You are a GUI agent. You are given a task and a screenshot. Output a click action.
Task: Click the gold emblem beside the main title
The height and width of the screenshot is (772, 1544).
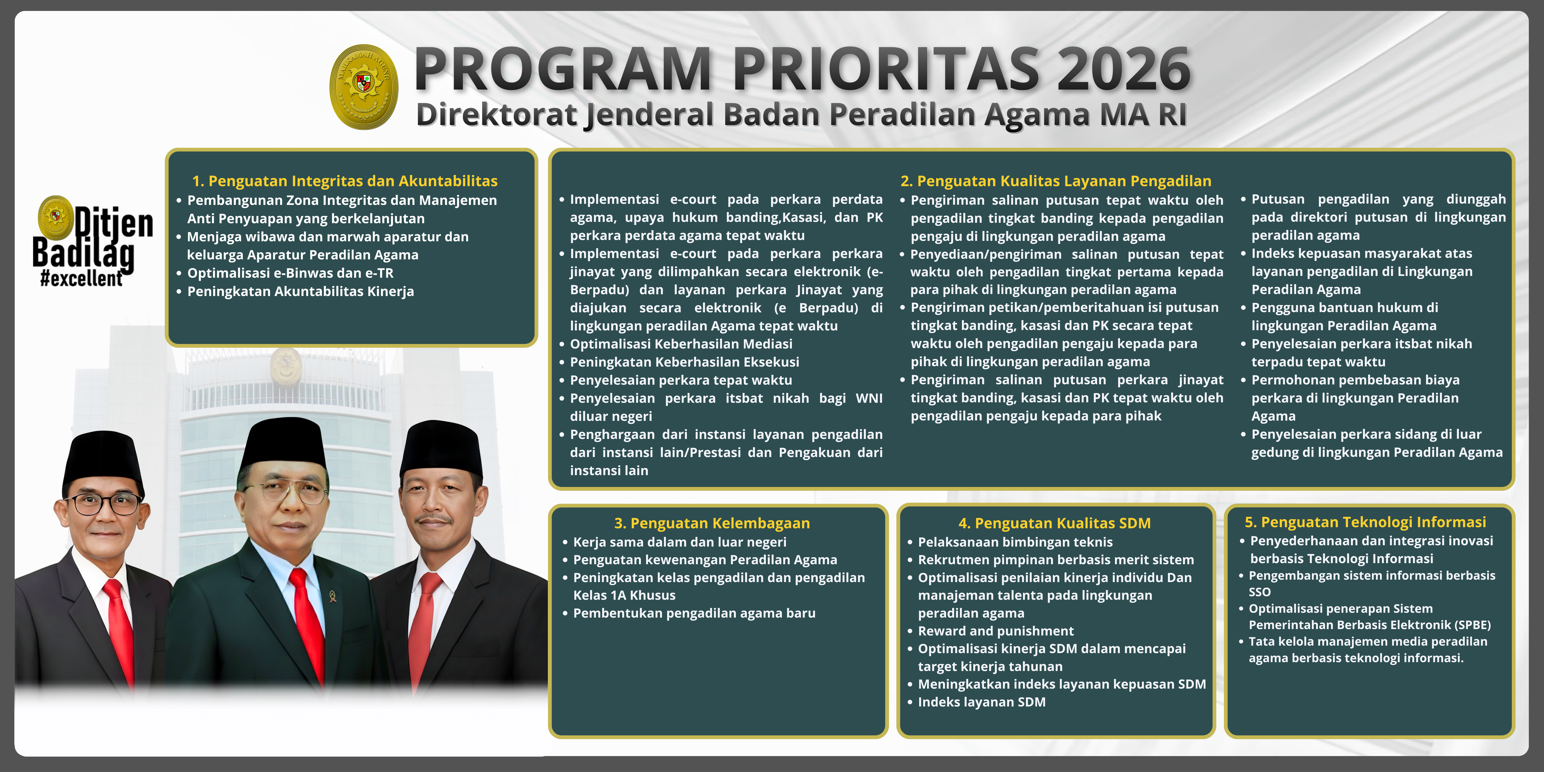point(364,87)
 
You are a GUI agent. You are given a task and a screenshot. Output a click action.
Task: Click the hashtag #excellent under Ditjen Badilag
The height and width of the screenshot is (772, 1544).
point(82,279)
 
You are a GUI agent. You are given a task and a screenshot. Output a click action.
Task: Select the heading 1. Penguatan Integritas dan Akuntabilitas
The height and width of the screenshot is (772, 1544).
point(345,181)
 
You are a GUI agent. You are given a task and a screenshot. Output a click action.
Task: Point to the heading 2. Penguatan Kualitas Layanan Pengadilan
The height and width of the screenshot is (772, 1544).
point(1055,181)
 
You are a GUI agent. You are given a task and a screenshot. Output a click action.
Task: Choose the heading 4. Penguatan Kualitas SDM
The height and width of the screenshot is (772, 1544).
point(1054,523)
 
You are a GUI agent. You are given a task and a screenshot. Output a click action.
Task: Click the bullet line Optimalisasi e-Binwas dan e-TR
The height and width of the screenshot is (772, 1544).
point(290,273)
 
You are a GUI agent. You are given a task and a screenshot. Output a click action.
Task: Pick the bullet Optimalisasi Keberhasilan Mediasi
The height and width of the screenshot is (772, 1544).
point(681,344)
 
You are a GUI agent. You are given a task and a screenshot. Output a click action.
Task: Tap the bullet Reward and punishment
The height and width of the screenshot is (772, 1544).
point(996,631)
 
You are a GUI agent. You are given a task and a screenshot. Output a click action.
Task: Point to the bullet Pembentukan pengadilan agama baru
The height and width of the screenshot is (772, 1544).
point(694,613)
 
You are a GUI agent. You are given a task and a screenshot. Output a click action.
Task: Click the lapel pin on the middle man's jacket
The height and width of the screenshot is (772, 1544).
point(333,595)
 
